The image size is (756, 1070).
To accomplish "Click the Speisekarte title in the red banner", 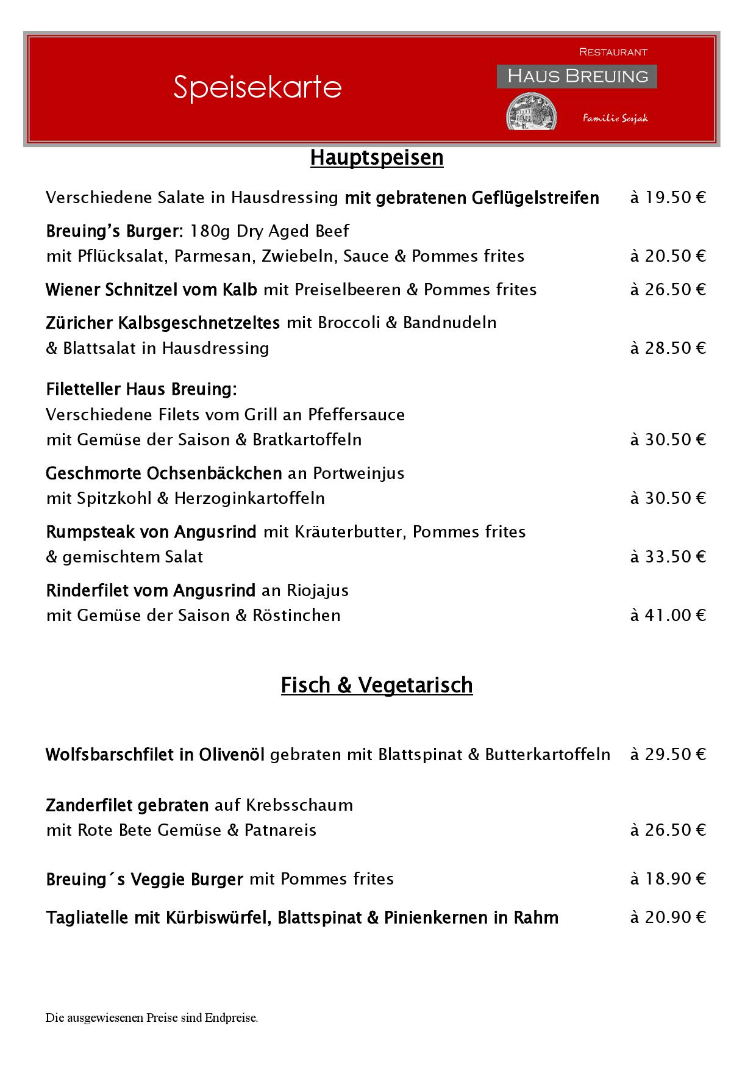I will [257, 87].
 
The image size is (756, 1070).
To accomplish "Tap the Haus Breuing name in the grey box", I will [577, 76].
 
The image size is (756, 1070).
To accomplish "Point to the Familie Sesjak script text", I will [615, 118].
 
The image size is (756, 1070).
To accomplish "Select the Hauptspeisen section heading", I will [377, 157].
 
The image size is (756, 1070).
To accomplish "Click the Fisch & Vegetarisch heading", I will [377, 685].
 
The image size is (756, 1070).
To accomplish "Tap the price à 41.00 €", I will [668, 615].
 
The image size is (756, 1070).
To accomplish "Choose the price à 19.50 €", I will [668, 198].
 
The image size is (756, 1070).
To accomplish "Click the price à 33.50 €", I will [668, 556].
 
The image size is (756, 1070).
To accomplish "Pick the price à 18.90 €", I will [668, 878].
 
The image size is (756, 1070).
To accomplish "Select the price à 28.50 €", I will [668, 348].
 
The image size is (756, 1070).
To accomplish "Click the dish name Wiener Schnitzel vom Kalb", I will [151, 290].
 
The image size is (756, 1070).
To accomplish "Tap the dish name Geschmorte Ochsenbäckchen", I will [163, 473].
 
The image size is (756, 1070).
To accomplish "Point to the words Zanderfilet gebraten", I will [127, 805].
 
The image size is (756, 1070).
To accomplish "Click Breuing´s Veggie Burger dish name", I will [144, 879].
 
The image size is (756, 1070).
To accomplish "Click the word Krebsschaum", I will [299, 805].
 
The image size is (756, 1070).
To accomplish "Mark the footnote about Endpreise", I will [152, 1018].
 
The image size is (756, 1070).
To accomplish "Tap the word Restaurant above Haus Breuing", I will [613, 52].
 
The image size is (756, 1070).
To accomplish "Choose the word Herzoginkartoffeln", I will [249, 498].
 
